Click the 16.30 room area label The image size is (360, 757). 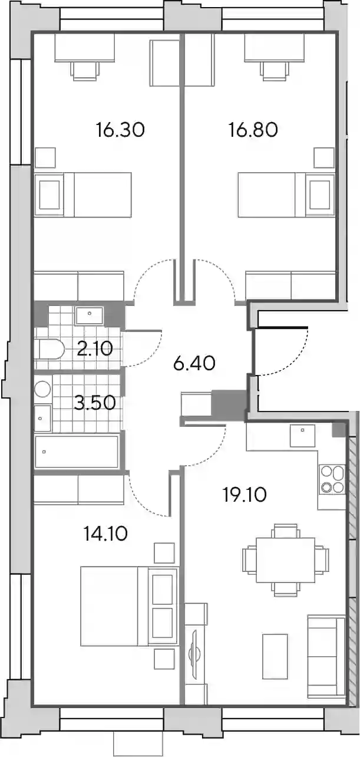pos(120,130)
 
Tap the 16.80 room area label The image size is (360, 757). pos(253,130)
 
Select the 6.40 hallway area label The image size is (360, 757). pos(194,364)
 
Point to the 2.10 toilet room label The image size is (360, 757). pos(94,348)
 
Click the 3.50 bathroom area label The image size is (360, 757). pos(95,403)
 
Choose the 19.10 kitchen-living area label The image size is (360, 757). pos(245,495)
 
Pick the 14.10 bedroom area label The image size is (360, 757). pos(105,534)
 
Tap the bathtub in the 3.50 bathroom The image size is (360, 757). pos(77,452)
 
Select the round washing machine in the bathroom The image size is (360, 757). pos(42,389)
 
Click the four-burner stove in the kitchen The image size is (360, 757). pos(332,479)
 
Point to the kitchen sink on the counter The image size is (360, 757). pos(302,436)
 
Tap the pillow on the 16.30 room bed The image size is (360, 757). pos(49,195)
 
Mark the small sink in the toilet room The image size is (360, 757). pos(89,315)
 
